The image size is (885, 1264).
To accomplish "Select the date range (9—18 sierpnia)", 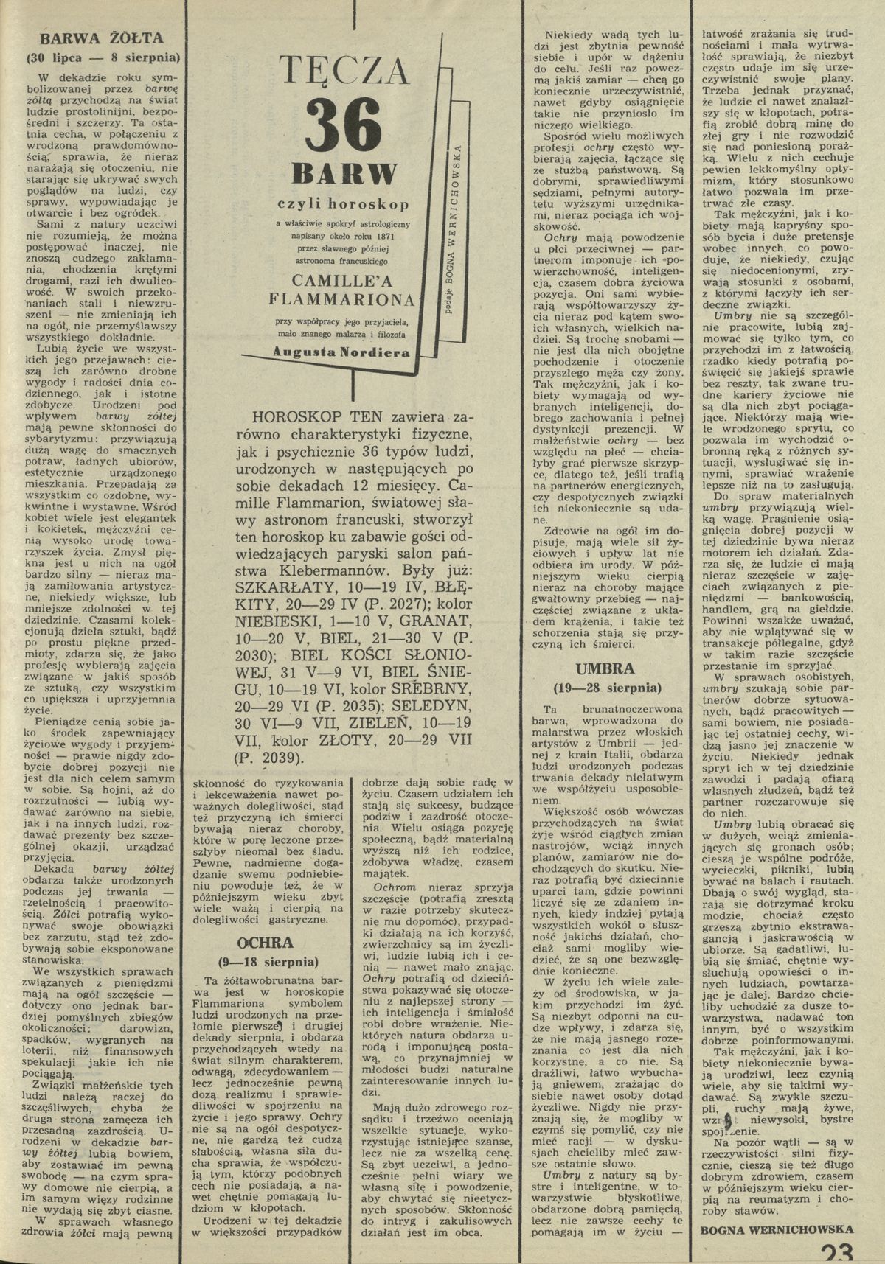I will pyautogui.click(x=268, y=962).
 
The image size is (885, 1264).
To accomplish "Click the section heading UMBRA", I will pyautogui.click(x=606, y=669).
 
